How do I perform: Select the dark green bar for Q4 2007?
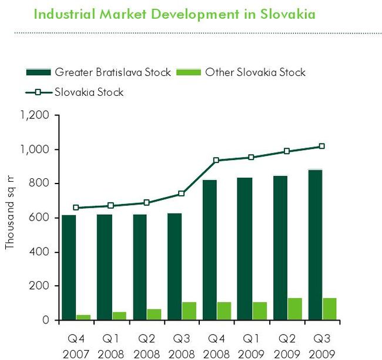69,268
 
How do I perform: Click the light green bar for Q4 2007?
83,318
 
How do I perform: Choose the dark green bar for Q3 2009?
315,245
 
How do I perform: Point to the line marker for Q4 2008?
217,160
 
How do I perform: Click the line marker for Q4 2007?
76,208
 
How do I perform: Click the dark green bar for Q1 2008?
104,267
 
